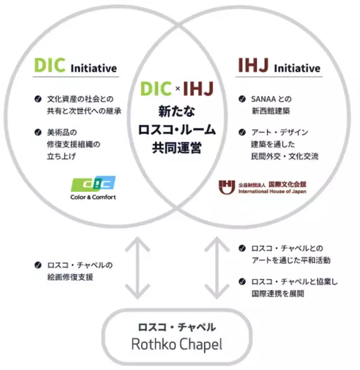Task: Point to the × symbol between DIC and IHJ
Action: [178, 89]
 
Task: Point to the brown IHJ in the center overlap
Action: [200, 89]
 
